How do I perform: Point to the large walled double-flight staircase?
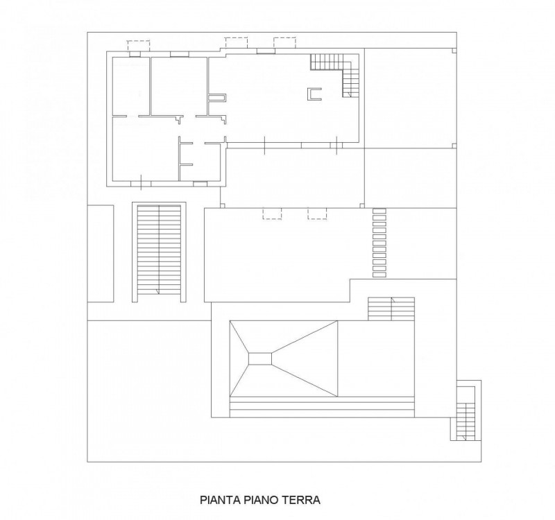[x=159, y=252]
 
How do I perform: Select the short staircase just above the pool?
[x=391, y=309]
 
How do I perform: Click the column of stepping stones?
[x=379, y=243]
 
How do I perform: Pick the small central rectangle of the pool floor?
[x=260, y=358]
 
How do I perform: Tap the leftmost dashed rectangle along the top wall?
[x=138, y=46]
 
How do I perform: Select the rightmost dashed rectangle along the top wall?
[x=284, y=42]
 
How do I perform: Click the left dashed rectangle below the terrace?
[x=272, y=214]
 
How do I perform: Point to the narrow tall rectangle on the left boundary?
[x=101, y=254]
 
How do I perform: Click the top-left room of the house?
[x=130, y=86]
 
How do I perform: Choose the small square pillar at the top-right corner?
[x=454, y=51]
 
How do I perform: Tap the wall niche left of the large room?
[x=217, y=98]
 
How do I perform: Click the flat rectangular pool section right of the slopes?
[x=376, y=358]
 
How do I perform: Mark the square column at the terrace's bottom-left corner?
[x=222, y=205]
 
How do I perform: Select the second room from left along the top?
[x=179, y=86]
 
